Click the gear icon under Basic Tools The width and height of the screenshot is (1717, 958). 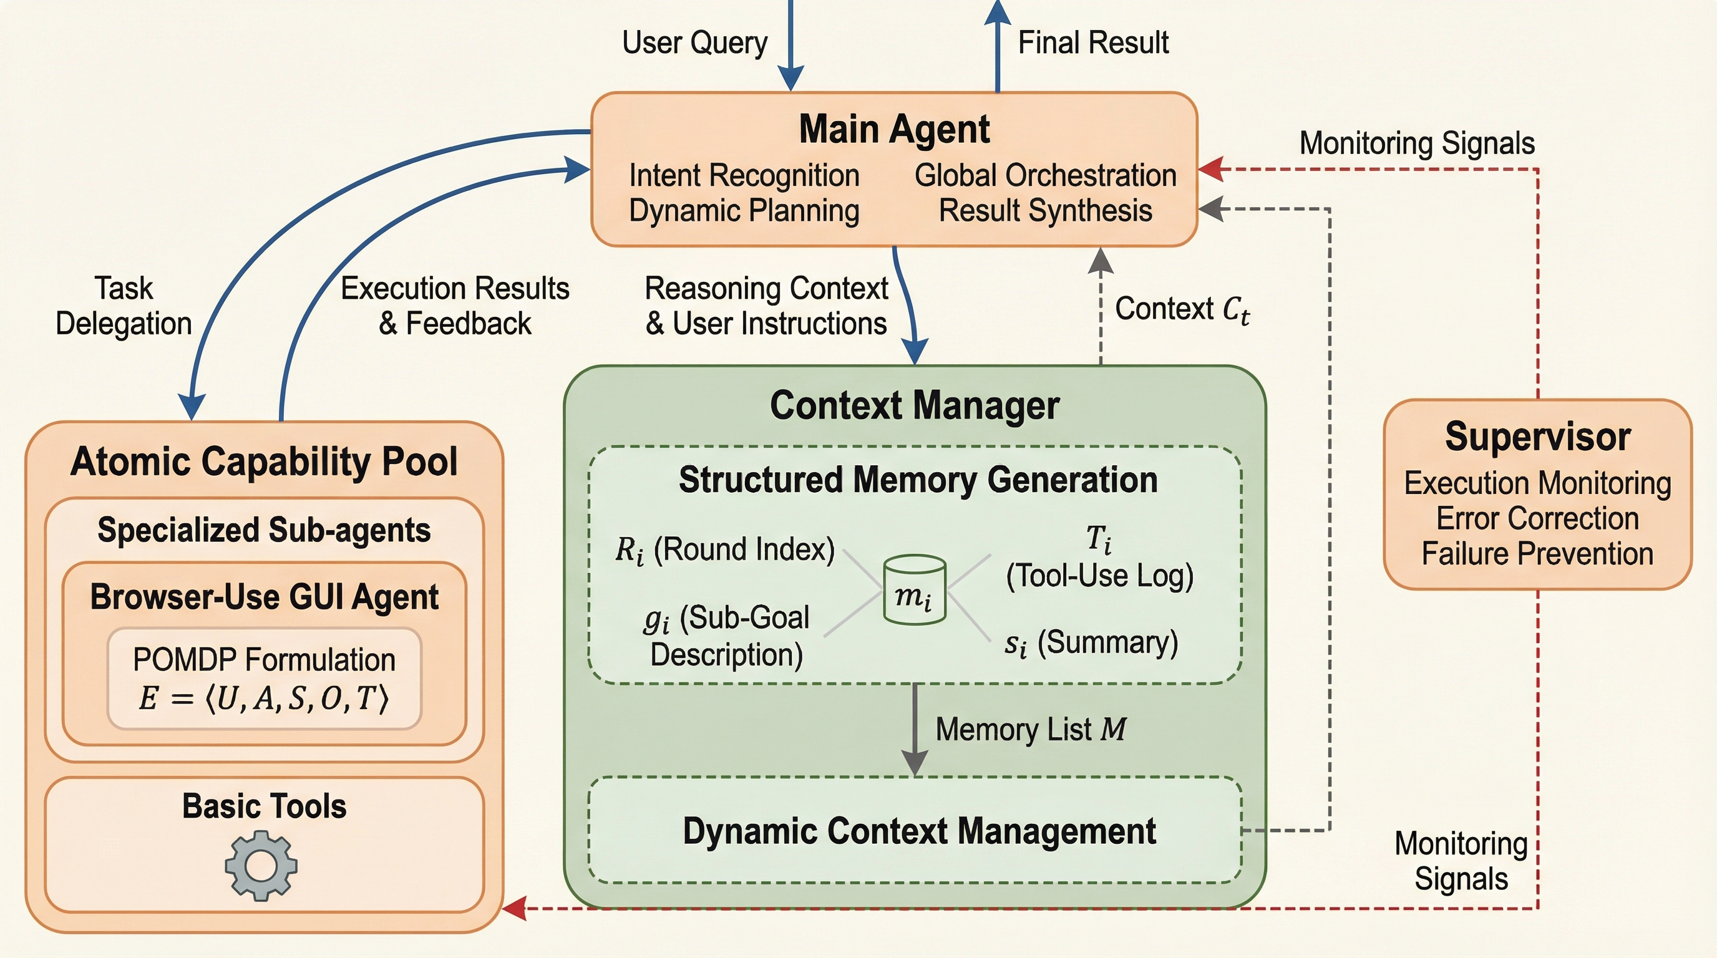tap(261, 866)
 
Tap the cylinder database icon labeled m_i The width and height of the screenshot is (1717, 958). tap(914, 590)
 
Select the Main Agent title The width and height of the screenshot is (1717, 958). tap(894, 128)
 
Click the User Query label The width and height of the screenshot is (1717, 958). tap(694, 42)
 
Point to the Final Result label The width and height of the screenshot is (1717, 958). tap(1093, 42)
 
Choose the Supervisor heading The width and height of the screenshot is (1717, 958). tap(1537, 437)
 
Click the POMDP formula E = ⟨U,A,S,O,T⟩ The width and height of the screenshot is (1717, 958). tap(264, 698)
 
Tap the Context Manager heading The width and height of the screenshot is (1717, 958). tap(915, 405)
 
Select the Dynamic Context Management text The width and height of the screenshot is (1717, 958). tap(919, 831)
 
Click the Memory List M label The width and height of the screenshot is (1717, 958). tap(1031, 730)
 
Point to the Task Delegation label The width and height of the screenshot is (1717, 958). tap(124, 306)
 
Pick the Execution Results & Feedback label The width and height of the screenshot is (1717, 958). tap(455, 306)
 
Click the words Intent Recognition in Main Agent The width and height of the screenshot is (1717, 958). tap(744, 176)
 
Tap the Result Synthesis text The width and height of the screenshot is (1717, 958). tap(1045, 211)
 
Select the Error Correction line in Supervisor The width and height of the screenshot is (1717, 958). tap(1537, 518)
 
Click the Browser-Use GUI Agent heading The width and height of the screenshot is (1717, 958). tap(264, 597)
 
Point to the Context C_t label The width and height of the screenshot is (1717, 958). tap(1182, 309)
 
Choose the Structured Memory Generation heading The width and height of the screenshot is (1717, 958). tap(918, 480)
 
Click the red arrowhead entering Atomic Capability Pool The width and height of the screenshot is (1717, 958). tap(515, 908)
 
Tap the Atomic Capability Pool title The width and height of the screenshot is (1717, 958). tap(264, 461)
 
